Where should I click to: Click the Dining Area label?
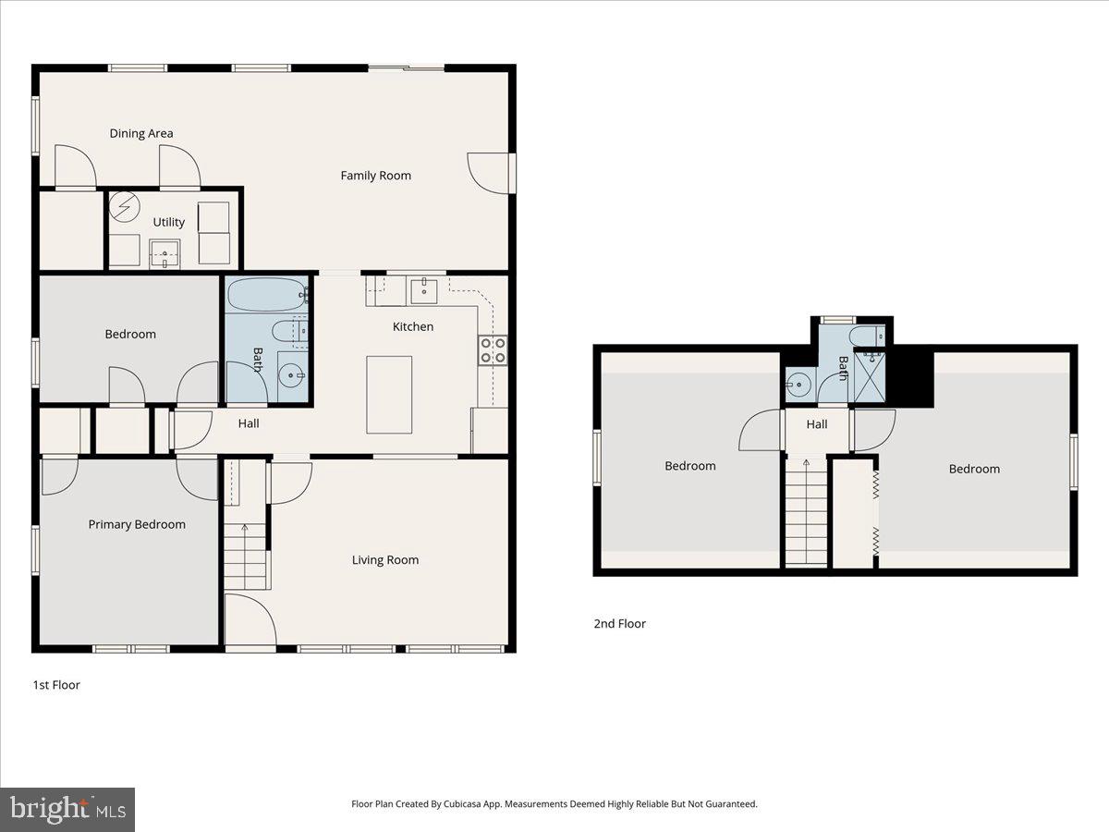click(141, 133)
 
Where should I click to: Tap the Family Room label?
click(375, 176)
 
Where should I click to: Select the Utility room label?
click(168, 222)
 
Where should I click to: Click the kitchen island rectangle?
click(389, 395)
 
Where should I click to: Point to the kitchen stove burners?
click(492, 349)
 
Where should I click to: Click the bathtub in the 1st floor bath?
click(266, 296)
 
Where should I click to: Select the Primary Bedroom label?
click(137, 524)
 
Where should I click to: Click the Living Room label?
click(384, 559)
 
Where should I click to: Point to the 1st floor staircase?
click(245, 555)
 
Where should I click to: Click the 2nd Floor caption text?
click(619, 624)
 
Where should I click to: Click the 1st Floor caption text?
click(56, 685)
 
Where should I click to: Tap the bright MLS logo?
click(67, 810)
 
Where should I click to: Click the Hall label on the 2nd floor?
click(816, 425)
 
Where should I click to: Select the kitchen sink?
click(424, 291)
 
